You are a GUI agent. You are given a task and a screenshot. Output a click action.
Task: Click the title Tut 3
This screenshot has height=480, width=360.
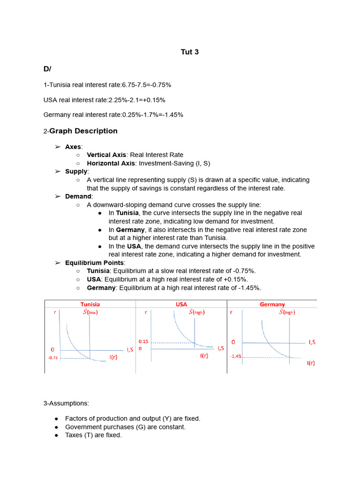(189, 52)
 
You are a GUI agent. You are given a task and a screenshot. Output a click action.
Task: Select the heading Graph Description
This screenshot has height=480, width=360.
(83, 131)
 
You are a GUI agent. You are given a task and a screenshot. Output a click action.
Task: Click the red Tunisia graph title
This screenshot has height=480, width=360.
(90, 304)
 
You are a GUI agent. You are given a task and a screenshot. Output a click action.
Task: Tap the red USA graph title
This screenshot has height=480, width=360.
(181, 304)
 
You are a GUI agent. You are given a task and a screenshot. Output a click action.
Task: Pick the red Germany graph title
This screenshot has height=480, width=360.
(272, 304)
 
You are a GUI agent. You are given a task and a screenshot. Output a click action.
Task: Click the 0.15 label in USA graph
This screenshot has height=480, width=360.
(143, 342)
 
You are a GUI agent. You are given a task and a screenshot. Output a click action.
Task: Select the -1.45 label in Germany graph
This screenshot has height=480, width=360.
(235, 356)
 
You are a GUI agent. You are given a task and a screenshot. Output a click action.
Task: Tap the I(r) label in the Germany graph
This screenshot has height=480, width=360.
(311, 362)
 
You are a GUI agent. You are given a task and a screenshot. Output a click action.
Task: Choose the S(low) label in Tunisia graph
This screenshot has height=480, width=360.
(90, 312)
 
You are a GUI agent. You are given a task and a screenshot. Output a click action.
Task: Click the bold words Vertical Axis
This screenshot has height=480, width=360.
(106, 155)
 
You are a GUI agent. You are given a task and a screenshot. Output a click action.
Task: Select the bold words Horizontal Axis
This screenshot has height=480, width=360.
(111, 163)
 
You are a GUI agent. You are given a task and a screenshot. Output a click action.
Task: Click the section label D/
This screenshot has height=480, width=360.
(47, 69)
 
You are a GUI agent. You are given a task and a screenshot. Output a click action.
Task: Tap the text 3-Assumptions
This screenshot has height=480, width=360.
(66, 403)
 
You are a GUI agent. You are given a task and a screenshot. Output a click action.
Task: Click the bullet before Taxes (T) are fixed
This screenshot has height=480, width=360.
(56, 435)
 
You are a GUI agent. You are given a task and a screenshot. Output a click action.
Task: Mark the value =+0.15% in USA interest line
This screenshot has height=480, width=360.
(152, 100)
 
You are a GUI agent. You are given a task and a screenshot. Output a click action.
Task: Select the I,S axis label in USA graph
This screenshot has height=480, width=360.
(220, 348)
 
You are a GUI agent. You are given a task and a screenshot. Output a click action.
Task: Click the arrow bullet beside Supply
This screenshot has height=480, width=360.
(58, 172)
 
